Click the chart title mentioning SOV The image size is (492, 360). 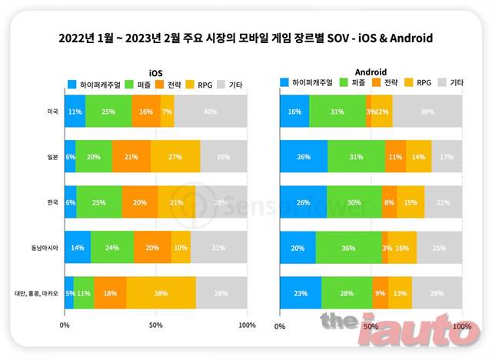246,37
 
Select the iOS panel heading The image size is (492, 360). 155,71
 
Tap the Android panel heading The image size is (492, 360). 371,70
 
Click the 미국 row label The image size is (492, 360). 52,112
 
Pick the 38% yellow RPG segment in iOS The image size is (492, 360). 161,292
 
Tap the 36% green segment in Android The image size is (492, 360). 348,247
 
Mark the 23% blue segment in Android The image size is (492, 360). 301,292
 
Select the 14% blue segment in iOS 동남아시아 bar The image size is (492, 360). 78,247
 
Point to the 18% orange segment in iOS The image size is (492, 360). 110,292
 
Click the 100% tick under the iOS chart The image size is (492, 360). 247,325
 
